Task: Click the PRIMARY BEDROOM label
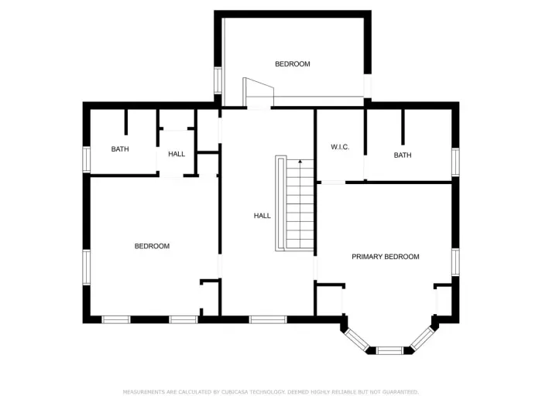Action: [386, 257]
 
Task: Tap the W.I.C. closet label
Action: [341, 147]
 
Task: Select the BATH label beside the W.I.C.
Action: [403, 155]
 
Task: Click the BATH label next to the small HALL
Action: [120, 149]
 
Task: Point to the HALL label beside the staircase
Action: [262, 216]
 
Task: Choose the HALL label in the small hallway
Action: [177, 154]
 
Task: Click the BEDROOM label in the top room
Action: [293, 64]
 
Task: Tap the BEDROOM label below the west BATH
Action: [152, 246]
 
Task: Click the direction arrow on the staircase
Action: [300, 162]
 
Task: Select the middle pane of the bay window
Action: [389, 350]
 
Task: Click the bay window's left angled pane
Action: [357, 339]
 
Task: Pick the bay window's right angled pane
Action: [422, 339]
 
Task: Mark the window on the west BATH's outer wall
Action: [87, 159]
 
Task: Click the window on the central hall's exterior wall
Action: [268, 319]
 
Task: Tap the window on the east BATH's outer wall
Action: [455, 162]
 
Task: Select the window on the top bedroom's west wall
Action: [218, 80]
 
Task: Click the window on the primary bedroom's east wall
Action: [455, 261]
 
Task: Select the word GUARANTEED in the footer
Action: [395, 392]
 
